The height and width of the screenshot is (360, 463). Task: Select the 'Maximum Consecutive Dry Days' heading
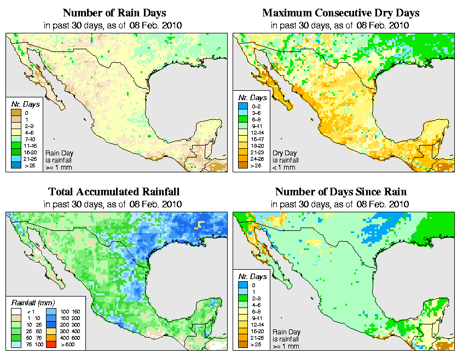coord(341,13)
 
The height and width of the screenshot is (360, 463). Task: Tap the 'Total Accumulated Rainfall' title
coord(114,192)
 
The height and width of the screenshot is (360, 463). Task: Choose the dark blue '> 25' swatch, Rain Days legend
coord(15,165)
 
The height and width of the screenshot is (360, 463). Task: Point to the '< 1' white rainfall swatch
coord(16,312)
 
